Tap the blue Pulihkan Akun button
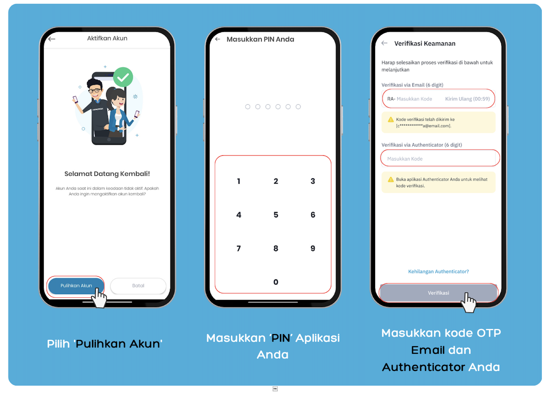point(76,286)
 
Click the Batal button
point(138,286)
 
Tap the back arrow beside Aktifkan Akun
point(52,39)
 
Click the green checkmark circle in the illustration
point(123,77)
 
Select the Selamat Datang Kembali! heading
point(107,174)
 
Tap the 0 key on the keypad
point(276,282)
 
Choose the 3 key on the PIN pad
point(313,181)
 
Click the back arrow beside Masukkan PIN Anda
point(218,39)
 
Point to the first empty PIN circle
point(248,107)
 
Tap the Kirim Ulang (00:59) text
point(467,99)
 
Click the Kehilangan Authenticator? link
point(438,272)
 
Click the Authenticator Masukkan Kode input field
point(438,159)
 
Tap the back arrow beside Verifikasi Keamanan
point(384,43)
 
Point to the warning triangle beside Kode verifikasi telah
point(391,120)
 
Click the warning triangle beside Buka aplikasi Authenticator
point(391,180)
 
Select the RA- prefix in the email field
point(391,99)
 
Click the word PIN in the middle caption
point(281,338)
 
